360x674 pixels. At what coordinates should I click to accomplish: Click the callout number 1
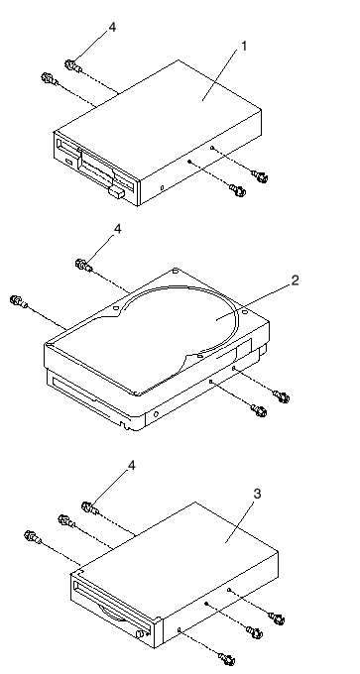244,46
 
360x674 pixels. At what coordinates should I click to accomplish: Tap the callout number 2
295,281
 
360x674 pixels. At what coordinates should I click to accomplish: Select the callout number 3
257,494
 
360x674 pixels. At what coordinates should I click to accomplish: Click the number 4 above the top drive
112,27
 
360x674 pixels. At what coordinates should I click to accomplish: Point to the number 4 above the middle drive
117,229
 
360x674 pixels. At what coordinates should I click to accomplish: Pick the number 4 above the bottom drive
132,466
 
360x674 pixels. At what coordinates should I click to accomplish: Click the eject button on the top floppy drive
117,191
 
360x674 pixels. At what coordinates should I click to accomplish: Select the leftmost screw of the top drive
49,79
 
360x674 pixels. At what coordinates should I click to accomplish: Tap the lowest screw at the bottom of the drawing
227,658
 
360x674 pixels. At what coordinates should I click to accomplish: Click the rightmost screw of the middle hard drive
283,396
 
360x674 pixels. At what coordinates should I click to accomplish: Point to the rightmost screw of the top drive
261,176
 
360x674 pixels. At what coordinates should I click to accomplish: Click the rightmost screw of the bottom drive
277,619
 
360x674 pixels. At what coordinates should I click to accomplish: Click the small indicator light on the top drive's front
68,162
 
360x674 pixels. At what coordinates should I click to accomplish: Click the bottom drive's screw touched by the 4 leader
89,508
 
